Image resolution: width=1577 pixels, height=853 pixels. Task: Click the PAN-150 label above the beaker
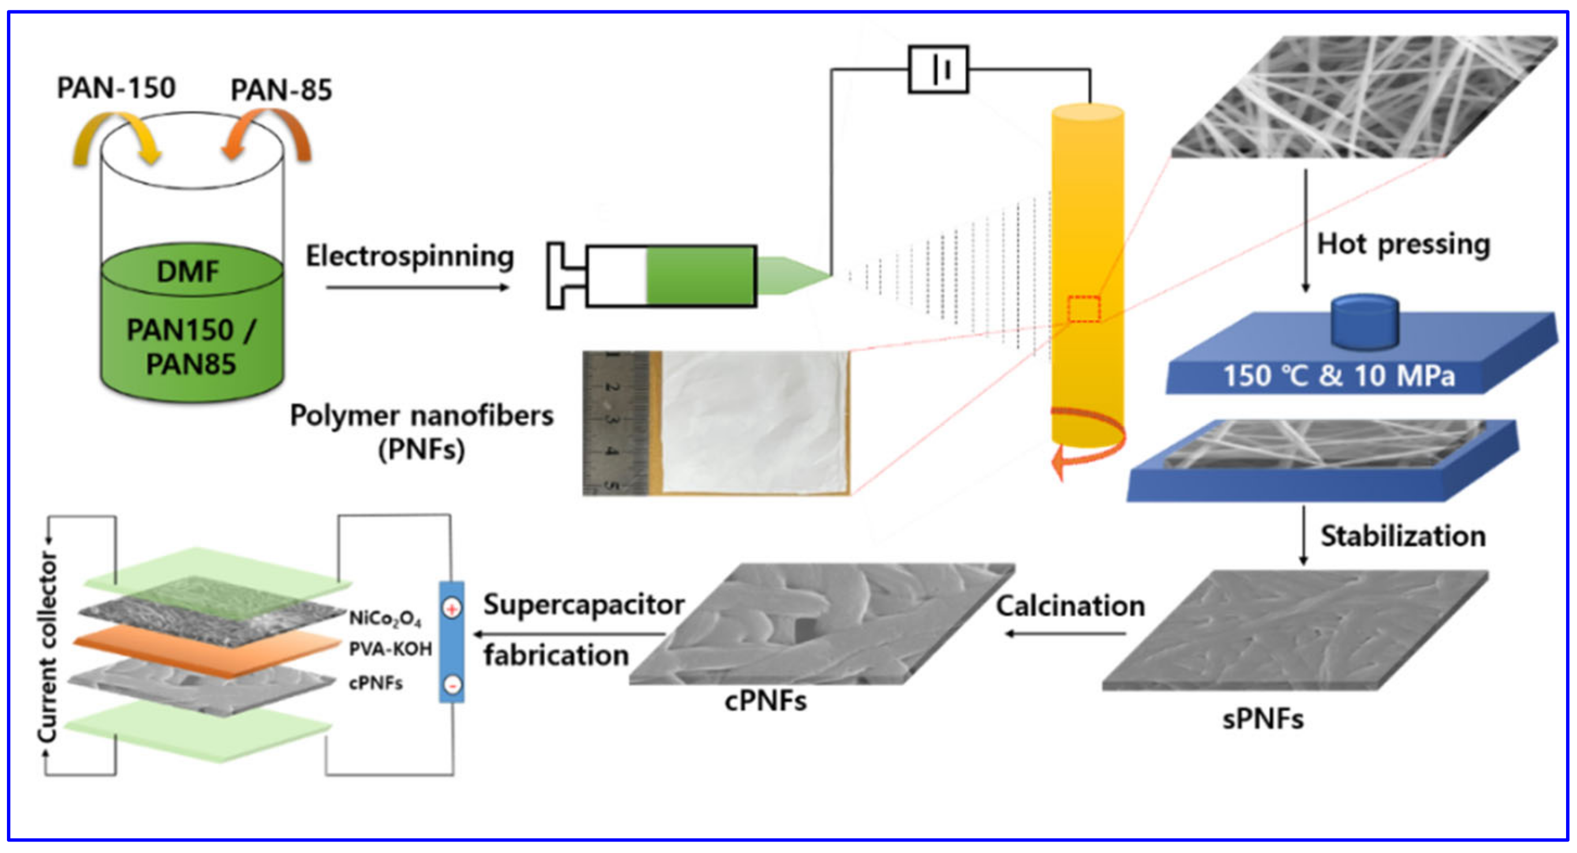tap(117, 88)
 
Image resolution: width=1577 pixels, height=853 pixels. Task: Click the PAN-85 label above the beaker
tap(281, 90)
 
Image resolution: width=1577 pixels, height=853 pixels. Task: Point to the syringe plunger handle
tap(557, 276)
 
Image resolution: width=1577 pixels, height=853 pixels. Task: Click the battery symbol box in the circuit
tap(938, 69)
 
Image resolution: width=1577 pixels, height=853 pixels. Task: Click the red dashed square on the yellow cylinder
tap(1084, 309)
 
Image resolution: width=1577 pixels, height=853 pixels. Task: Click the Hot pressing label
tap(1403, 244)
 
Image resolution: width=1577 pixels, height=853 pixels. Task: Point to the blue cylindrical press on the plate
tap(1365, 322)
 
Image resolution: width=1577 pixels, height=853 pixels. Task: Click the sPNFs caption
tap(1263, 719)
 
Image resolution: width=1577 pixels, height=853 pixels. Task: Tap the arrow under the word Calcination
tap(1065, 633)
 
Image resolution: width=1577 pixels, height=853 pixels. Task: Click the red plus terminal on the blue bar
tap(452, 609)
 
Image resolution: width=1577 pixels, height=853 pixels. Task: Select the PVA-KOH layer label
tap(390, 649)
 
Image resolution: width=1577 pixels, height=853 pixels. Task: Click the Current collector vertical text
tap(48, 645)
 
